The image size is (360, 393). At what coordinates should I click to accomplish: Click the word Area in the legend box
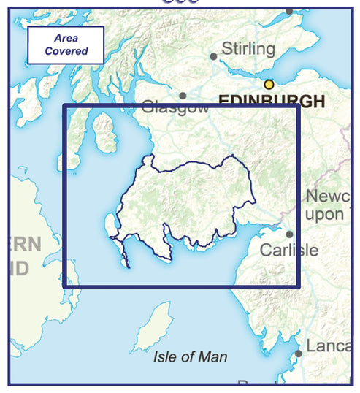tap(66, 38)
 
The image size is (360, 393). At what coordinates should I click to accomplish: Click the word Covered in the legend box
tap(66, 51)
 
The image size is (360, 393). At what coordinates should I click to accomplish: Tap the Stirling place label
tap(248, 50)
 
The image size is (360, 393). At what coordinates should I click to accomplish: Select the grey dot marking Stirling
tap(213, 56)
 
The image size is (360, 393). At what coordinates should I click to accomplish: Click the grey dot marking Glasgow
tap(183, 95)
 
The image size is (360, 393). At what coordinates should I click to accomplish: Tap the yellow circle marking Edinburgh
tap(269, 84)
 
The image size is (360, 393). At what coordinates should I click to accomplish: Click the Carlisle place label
tap(289, 250)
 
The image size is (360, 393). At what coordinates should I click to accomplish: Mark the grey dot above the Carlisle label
tap(289, 234)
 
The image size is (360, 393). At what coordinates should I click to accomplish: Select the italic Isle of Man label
tap(191, 357)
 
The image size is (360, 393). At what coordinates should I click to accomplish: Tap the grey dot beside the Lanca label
tap(299, 354)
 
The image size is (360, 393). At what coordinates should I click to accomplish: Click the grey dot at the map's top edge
tap(288, 11)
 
